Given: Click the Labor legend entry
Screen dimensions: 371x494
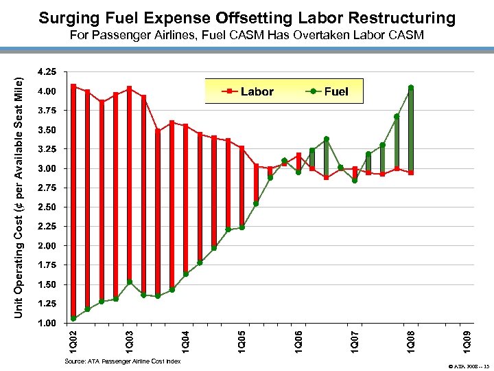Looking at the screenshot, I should pyautogui.click(x=248, y=91).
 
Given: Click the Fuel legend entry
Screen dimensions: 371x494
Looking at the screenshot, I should pyautogui.click(x=327, y=91).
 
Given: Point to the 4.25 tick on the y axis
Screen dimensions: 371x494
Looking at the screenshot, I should pyautogui.click(x=49, y=71).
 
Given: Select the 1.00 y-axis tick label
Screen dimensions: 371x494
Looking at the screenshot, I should pyautogui.click(x=49, y=323).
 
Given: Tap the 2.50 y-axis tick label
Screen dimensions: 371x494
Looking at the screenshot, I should pyautogui.click(x=49, y=207).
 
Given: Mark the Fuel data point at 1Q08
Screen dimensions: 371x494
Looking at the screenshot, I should pyautogui.click(x=411, y=88).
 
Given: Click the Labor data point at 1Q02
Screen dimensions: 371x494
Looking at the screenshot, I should pyautogui.click(x=73, y=86).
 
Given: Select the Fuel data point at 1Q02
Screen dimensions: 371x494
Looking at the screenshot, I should pyautogui.click(x=73, y=318).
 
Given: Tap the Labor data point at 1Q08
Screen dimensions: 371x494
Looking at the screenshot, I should pyautogui.click(x=411, y=172).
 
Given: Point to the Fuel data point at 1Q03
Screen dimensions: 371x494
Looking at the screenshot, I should pyautogui.click(x=129, y=282).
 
